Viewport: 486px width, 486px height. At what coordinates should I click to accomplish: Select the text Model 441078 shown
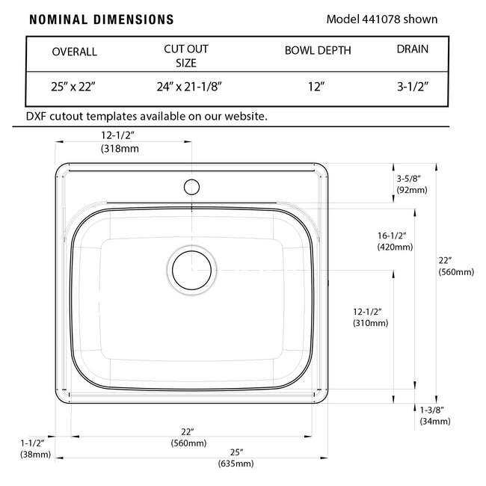coord(382,19)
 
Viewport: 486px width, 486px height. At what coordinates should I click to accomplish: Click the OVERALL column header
coord(74,52)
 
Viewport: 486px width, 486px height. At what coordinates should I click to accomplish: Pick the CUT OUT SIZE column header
coord(186,55)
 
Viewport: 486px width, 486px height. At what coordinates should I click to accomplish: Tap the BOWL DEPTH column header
coord(318,51)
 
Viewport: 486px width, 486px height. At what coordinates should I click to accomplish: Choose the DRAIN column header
coord(413,49)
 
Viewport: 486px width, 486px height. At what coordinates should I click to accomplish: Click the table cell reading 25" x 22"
coord(73,87)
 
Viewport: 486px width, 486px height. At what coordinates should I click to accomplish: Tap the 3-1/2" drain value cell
coord(412,87)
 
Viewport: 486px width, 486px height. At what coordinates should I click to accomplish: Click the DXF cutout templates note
coord(147,116)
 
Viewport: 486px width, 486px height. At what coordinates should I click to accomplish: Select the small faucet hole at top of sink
coord(191,185)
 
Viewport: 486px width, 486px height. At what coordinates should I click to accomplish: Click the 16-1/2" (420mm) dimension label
coord(396,241)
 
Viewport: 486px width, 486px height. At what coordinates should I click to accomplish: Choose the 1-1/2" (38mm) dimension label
coord(33,448)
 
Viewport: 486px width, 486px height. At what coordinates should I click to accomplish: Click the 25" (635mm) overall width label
coord(236,458)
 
